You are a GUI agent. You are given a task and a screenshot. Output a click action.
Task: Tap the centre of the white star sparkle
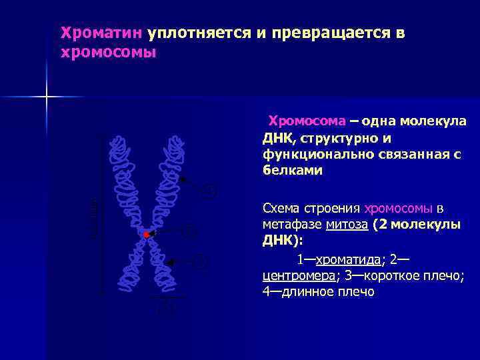coord(47,97)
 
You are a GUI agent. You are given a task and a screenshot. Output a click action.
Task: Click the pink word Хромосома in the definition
coord(307,121)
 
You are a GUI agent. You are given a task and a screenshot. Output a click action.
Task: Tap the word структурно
coord(332,138)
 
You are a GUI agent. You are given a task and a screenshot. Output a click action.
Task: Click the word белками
coord(293,170)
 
